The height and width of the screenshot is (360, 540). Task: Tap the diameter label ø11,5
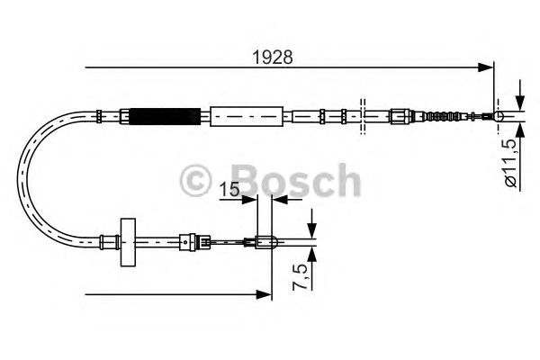(x=510, y=163)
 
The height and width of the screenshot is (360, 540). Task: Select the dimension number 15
(x=229, y=190)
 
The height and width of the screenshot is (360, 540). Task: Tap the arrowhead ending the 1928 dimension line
(x=489, y=66)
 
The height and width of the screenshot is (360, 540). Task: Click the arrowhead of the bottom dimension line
(x=265, y=293)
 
